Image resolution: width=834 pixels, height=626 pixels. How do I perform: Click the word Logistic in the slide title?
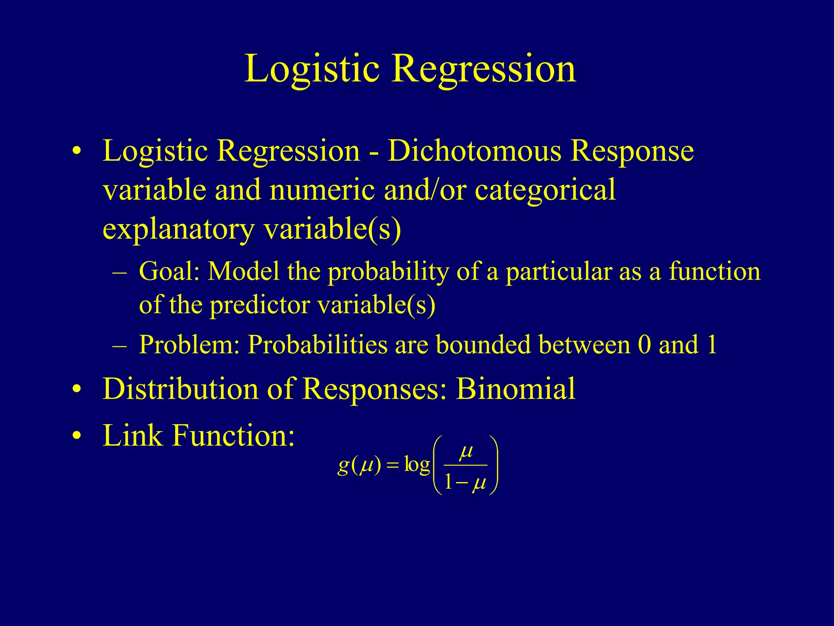point(312,69)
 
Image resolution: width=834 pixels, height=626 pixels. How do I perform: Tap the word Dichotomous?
point(474,151)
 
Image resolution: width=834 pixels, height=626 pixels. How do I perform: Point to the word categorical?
point(545,191)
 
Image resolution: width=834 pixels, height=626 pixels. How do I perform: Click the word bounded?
point(483,345)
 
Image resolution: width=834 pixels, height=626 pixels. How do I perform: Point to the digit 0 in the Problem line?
point(644,345)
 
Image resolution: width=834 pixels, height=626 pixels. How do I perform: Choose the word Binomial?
point(516,389)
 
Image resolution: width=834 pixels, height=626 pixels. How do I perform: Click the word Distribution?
point(180,389)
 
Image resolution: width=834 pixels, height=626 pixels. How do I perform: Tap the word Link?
point(133,435)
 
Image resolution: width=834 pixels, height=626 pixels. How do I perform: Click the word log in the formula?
point(417,465)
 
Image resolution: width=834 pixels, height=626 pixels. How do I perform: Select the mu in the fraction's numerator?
point(466,452)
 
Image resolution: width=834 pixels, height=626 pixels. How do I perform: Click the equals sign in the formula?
point(392,466)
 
